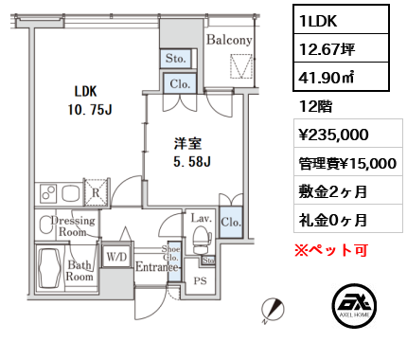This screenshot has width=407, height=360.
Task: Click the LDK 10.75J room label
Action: pyautogui.click(x=90, y=100)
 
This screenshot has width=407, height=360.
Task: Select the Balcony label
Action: pyautogui.click(x=229, y=40)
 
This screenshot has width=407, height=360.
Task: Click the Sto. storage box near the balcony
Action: pyautogui.click(x=176, y=59)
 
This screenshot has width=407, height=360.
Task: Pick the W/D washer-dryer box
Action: pyautogui.click(x=116, y=257)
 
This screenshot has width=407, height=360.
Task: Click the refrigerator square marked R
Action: pyautogui.click(x=96, y=192)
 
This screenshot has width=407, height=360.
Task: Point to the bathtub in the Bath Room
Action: pyautogui.click(x=49, y=267)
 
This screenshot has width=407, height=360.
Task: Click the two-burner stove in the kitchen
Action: pyautogui.click(x=49, y=193)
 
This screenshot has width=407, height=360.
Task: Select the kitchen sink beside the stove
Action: pyautogui.click(x=71, y=193)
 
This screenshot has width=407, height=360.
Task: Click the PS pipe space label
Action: pyautogui.click(x=201, y=280)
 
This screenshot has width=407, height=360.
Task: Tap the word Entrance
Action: pyautogui.click(x=157, y=267)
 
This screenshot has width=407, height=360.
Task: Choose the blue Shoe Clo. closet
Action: pyautogui.click(x=174, y=261)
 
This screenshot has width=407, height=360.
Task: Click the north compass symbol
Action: pyautogui.click(x=273, y=310)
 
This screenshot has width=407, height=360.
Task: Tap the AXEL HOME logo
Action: pyautogui.click(x=354, y=305)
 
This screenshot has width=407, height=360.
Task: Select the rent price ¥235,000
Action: pyautogui.click(x=333, y=135)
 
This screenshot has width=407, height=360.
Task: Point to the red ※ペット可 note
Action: pyautogui.click(x=331, y=250)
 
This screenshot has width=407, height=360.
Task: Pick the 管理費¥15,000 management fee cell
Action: pyautogui.click(x=347, y=163)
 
